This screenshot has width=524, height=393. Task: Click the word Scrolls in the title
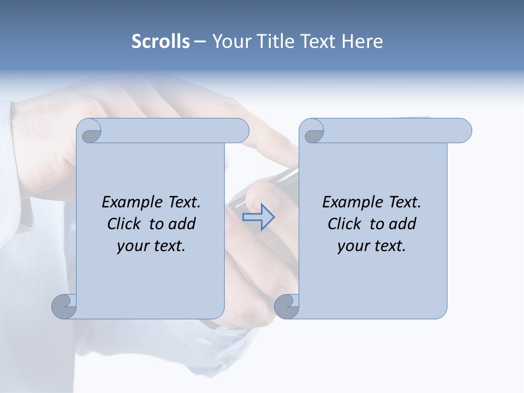click(160, 41)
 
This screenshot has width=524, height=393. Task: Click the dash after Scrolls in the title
click(200, 42)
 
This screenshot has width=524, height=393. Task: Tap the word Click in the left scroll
click(123, 224)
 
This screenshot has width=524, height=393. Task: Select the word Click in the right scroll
click(344, 224)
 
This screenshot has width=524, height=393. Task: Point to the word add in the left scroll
click(182, 224)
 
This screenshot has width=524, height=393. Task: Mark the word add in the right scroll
click(403, 224)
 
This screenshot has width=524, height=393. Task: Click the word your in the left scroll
click(132, 246)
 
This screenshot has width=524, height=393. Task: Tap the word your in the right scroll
click(352, 246)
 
